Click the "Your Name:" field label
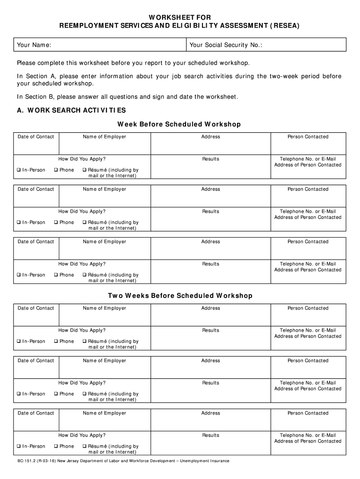pyautogui.click(x=34, y=45)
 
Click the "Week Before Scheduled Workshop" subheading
pyautogui.click(x=179, y=124)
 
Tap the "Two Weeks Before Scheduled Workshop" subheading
pyautogui.click(x=180, y=296)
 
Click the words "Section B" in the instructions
pyautogui.click(x=41, y=97)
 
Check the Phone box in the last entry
pyautogui.click(x=56, y=446)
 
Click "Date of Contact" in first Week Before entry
pyautogui.click(x=36, y=137)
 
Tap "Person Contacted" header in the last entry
pyautogui.click(x=308, y=413)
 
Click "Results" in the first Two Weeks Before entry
pyautogui.click(x=210, y=330)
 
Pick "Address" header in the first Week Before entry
pyautogui.click(x=210, y=137)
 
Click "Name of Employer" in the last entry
pyautogui.click(x=104, y=413)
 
